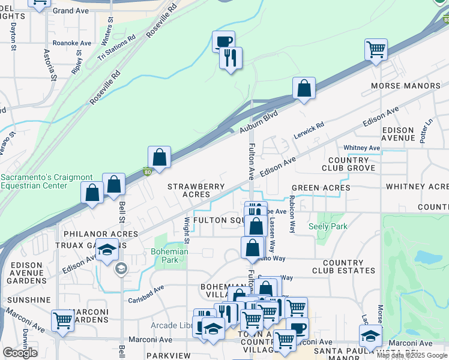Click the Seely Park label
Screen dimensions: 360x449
328,226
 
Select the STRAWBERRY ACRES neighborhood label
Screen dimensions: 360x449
188,190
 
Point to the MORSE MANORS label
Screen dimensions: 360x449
405,86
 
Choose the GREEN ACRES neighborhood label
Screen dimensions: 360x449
321,188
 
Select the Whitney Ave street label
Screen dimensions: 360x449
361,148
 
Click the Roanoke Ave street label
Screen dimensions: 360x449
71,43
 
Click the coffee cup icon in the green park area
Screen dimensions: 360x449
223,41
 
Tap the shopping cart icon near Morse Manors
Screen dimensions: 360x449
376,49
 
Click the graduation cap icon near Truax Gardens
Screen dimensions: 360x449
106,251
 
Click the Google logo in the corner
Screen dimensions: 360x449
20,353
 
